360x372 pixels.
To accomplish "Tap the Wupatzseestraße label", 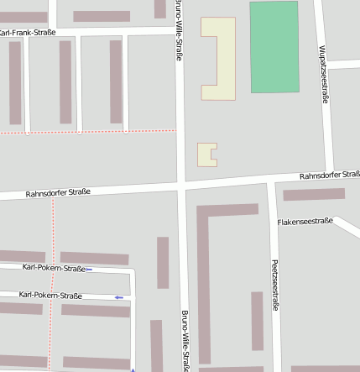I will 323,74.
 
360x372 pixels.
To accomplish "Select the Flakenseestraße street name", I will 305,223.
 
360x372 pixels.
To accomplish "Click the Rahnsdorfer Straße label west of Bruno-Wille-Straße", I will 57,192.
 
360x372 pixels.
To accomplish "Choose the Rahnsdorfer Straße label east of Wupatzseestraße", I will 330,176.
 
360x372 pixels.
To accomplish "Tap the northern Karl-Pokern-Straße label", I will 54,269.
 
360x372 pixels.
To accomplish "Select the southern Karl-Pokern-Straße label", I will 50,296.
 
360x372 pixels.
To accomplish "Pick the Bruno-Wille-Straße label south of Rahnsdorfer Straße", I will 185,340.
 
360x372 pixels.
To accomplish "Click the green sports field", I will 274,47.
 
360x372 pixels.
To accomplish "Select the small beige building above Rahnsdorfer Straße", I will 206,154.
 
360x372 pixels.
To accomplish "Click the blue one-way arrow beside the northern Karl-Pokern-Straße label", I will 89,270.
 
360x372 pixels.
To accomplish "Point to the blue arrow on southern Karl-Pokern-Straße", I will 119,297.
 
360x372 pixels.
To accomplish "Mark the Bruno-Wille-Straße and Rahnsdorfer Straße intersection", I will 180,186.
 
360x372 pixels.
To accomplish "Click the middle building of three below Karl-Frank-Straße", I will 65,81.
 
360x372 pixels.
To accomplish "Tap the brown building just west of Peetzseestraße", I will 257,320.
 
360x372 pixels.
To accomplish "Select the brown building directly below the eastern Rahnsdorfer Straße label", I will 314,194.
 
